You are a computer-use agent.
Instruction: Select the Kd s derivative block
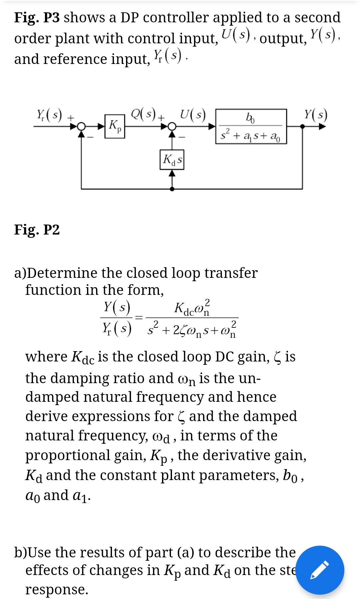[x=172, y=160]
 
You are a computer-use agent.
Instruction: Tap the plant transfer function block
[x=252, y=126]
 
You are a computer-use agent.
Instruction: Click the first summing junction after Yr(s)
[x=81, y=127]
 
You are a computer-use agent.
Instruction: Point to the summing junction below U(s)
[x=172, y=127]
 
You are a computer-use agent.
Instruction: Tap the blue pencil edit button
[x=320, y=570]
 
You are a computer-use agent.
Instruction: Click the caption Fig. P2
[x=37, y=230]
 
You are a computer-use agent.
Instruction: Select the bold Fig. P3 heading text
[x=37, y=17]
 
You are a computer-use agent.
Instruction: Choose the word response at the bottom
[x=57, y=589]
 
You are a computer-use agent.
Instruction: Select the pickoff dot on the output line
[x=302, y=127]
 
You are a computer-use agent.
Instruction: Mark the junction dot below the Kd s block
[x=172, y=189]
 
